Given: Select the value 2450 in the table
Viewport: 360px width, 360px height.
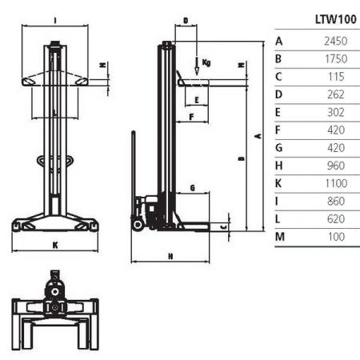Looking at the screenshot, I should tap(336, 40).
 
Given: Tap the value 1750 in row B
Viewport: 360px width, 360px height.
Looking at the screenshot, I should tap(336, 58).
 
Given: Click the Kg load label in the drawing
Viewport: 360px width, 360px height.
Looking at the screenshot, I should tap(206, 62).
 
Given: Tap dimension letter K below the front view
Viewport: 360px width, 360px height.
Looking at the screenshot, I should tap(55, 246).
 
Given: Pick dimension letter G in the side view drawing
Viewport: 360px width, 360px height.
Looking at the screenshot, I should tap(192, 187).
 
